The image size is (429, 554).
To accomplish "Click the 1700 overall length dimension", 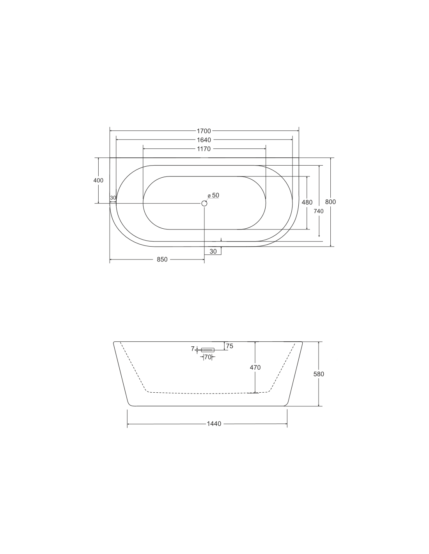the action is pos(204,131).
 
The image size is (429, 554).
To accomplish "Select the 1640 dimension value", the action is pos(204,140).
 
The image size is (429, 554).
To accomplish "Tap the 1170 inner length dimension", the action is pos(204,149).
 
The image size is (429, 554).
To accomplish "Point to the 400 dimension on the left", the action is pos(98,180).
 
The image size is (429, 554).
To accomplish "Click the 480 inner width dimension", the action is pos(307,203).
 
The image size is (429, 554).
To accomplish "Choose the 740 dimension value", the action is pos(319,211).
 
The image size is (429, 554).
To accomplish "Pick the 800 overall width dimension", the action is pos(330,202).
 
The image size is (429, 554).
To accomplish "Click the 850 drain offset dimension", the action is pos(162,259).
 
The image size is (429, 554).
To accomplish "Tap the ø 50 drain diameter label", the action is pos(214,195).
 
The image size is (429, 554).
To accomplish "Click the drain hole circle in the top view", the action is pos(204,203).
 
